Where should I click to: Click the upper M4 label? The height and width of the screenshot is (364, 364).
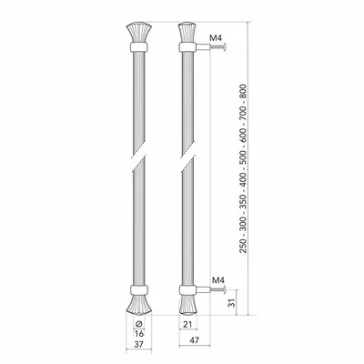point(216,38)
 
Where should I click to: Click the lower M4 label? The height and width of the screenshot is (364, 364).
point(218,280)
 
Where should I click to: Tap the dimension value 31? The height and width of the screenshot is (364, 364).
point(231,302)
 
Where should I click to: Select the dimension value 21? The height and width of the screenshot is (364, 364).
point(188,325)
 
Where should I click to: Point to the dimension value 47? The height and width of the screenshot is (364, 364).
point(195,340)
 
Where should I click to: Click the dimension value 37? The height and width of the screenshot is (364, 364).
point(138,344)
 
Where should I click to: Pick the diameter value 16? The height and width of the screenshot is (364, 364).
point(138,334)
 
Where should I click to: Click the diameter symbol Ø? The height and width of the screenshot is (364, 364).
point(138,323)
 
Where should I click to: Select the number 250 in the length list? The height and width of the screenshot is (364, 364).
point(244,246)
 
